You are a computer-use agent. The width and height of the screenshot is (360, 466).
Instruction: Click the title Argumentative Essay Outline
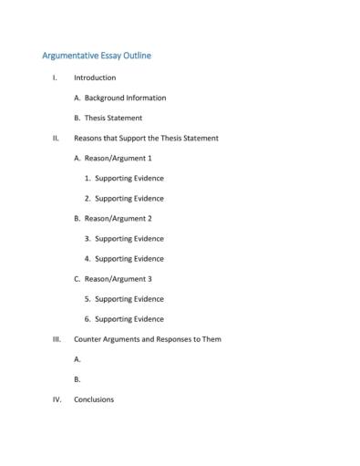click(x=97, y=56)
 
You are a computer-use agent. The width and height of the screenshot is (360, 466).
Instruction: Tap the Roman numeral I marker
click(x=55, y=78)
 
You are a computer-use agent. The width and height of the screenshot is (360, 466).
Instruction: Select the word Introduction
click(x=95, y=78)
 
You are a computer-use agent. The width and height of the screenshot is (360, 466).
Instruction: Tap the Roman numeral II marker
click(x=56, y=138)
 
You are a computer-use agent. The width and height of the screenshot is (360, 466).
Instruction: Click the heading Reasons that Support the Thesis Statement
click(x=146, y=138)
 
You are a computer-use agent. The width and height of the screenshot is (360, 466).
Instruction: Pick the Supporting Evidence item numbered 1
click(x=129, y=178)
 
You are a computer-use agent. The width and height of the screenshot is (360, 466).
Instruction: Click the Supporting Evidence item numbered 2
click(x=129, y=198)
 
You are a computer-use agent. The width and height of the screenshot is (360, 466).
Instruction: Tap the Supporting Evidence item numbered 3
click(x=129, y=238)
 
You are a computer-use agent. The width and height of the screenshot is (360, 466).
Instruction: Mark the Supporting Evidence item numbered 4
click(x=129, y=258)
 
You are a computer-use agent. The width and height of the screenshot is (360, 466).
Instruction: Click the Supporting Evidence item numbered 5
click(x=129, y=298)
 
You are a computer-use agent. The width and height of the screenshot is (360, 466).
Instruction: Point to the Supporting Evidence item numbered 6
click(x=129, y=318)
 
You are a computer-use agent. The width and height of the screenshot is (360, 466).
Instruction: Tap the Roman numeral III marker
click(x=57, y=339)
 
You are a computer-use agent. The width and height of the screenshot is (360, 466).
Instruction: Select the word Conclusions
click(x=94, y=399)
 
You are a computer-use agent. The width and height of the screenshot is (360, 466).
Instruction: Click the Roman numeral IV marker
click(x=57, y=399)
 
